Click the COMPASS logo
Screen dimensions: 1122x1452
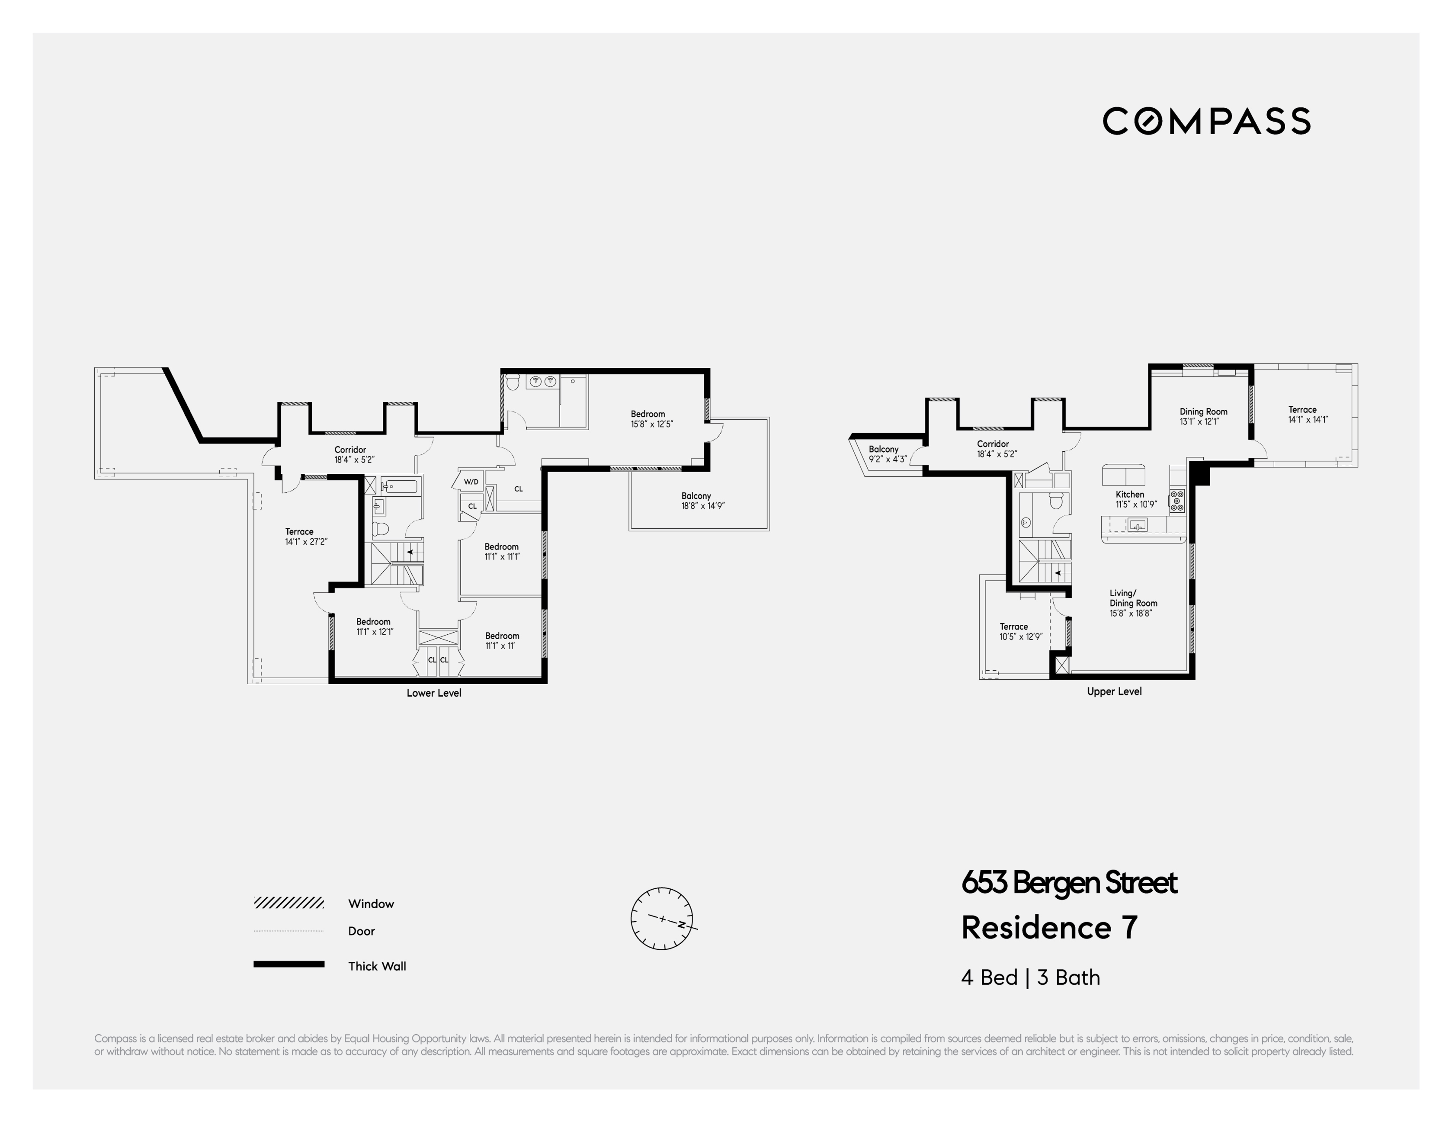pos(1206,121)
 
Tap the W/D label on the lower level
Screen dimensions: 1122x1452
pos(471,482)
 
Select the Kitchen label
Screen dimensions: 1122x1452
pos(1130,494)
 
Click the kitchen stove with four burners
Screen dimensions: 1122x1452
pos(1177,501)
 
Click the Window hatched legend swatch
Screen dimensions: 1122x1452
pos(288,903)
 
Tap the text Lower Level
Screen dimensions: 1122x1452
pos(433,693)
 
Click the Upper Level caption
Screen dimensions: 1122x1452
pos(1114,692)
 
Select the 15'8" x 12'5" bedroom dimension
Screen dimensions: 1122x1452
pos(651,424)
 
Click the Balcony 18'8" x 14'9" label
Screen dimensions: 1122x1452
pos(702,501)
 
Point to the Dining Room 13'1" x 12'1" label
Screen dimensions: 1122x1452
pos(1203,416)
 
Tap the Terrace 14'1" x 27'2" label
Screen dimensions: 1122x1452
pos(305,537)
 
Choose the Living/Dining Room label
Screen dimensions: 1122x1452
pos(1132,603)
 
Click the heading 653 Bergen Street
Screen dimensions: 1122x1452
pos(1068,883)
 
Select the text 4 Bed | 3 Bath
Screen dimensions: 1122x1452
pos(1030,977)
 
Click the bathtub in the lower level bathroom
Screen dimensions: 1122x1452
pos(398,486)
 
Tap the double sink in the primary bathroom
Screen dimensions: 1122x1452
pos(542,381)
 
